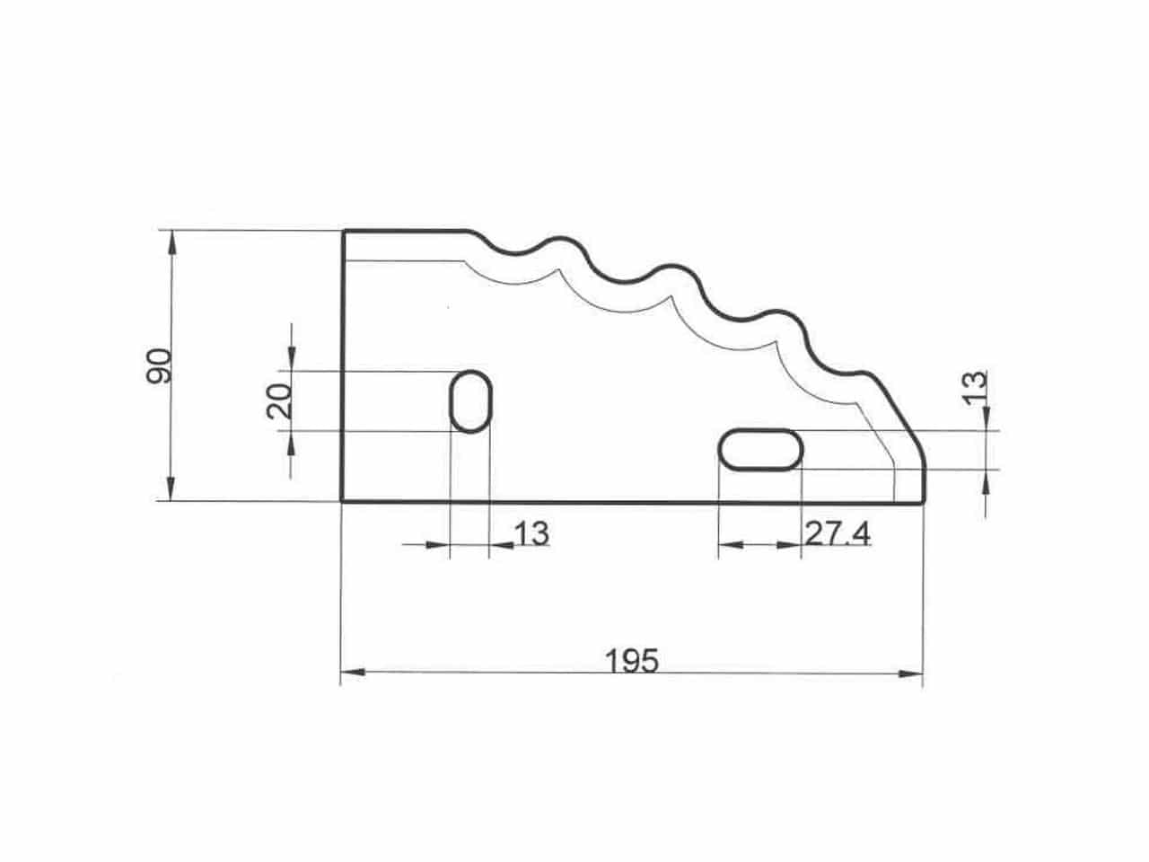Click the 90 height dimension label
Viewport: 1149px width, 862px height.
(x=159, y=365)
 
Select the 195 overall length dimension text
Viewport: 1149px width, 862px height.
(x=632, y=661)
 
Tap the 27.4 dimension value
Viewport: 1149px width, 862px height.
(x=838, y=534)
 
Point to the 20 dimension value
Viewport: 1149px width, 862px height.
(x=279, y=400)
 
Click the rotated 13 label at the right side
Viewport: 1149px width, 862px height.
(x=975, y=388)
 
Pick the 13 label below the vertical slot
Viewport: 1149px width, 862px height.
(x=531, y=534)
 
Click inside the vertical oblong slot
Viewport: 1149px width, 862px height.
(x=470, y=401)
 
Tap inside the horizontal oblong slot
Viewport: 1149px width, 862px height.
(x=760, y=450)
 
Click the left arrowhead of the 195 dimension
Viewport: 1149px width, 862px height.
(x=353, y=672)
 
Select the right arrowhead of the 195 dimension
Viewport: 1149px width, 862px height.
(x=910, y=673)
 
